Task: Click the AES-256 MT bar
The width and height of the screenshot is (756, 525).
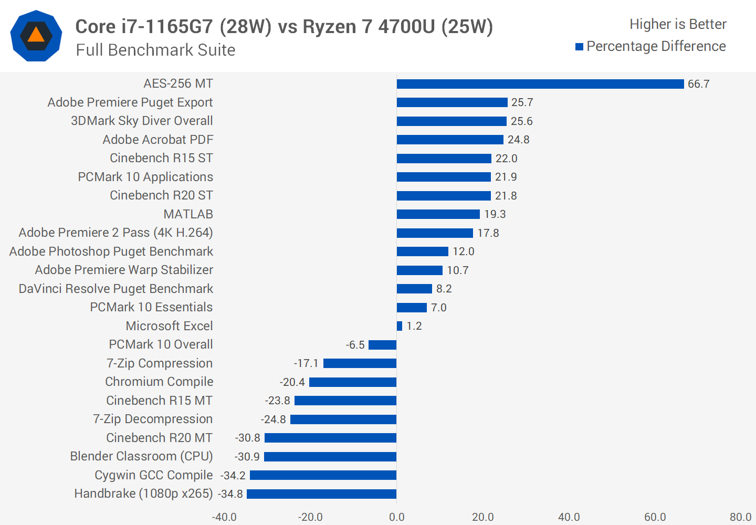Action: pos(540,84)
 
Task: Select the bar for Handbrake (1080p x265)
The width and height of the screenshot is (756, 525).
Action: pos(321,494)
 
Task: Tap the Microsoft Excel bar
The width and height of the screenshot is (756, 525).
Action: pos(400,326)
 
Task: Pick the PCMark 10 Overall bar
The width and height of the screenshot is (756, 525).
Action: pos(382,345)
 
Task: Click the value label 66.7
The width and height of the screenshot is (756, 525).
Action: pos(698,84)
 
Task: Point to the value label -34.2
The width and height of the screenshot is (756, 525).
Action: pos(233,476)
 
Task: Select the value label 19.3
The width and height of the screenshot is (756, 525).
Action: pos(495,214)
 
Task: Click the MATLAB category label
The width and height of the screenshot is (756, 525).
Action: pos(188,214)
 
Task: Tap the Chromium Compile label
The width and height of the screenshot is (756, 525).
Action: pos(159,382)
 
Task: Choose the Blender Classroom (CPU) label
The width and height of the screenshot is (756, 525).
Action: pos(141,456)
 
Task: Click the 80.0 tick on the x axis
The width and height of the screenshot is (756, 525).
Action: pos(740,517)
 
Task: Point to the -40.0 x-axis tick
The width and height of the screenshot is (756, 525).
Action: pos(224,517)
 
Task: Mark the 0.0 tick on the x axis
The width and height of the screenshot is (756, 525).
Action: pos(397,517)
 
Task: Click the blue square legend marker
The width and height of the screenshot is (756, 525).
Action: pos(580,47)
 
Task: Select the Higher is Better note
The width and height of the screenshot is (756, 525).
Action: pos(678,24)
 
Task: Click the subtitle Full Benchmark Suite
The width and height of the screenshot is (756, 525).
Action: pos(155,50)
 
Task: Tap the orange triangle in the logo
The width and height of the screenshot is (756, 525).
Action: pos(36,35)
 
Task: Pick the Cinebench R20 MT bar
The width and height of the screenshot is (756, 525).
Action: pos(330,438)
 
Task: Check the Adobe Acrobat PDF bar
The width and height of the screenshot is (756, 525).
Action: pos(450,140)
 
